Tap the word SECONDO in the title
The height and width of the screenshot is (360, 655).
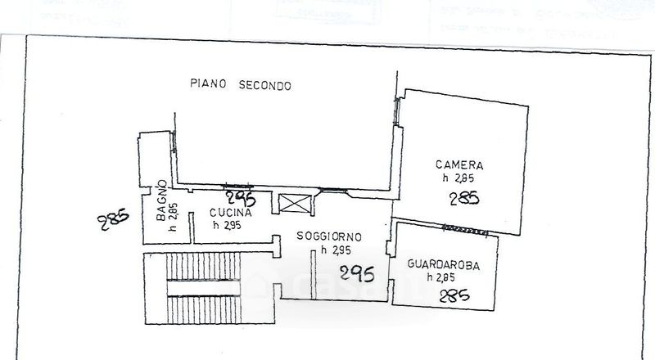(265, 84)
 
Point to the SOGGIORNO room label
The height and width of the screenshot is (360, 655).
(329, 236)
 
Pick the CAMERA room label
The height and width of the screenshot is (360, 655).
(459, 164)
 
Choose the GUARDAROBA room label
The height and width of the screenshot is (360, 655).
(443, 264)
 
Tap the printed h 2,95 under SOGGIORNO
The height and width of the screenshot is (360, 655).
(335, 250)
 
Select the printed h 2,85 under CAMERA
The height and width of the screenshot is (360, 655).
(458, 178)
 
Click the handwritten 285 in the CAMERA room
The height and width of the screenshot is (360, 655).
(464, 197)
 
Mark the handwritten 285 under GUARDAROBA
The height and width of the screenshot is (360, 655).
(454, 296)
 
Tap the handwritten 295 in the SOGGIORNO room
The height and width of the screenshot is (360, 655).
(357, 273)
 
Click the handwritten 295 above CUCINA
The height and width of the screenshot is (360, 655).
(242, 199)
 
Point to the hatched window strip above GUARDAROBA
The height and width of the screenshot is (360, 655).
(469, 227)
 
